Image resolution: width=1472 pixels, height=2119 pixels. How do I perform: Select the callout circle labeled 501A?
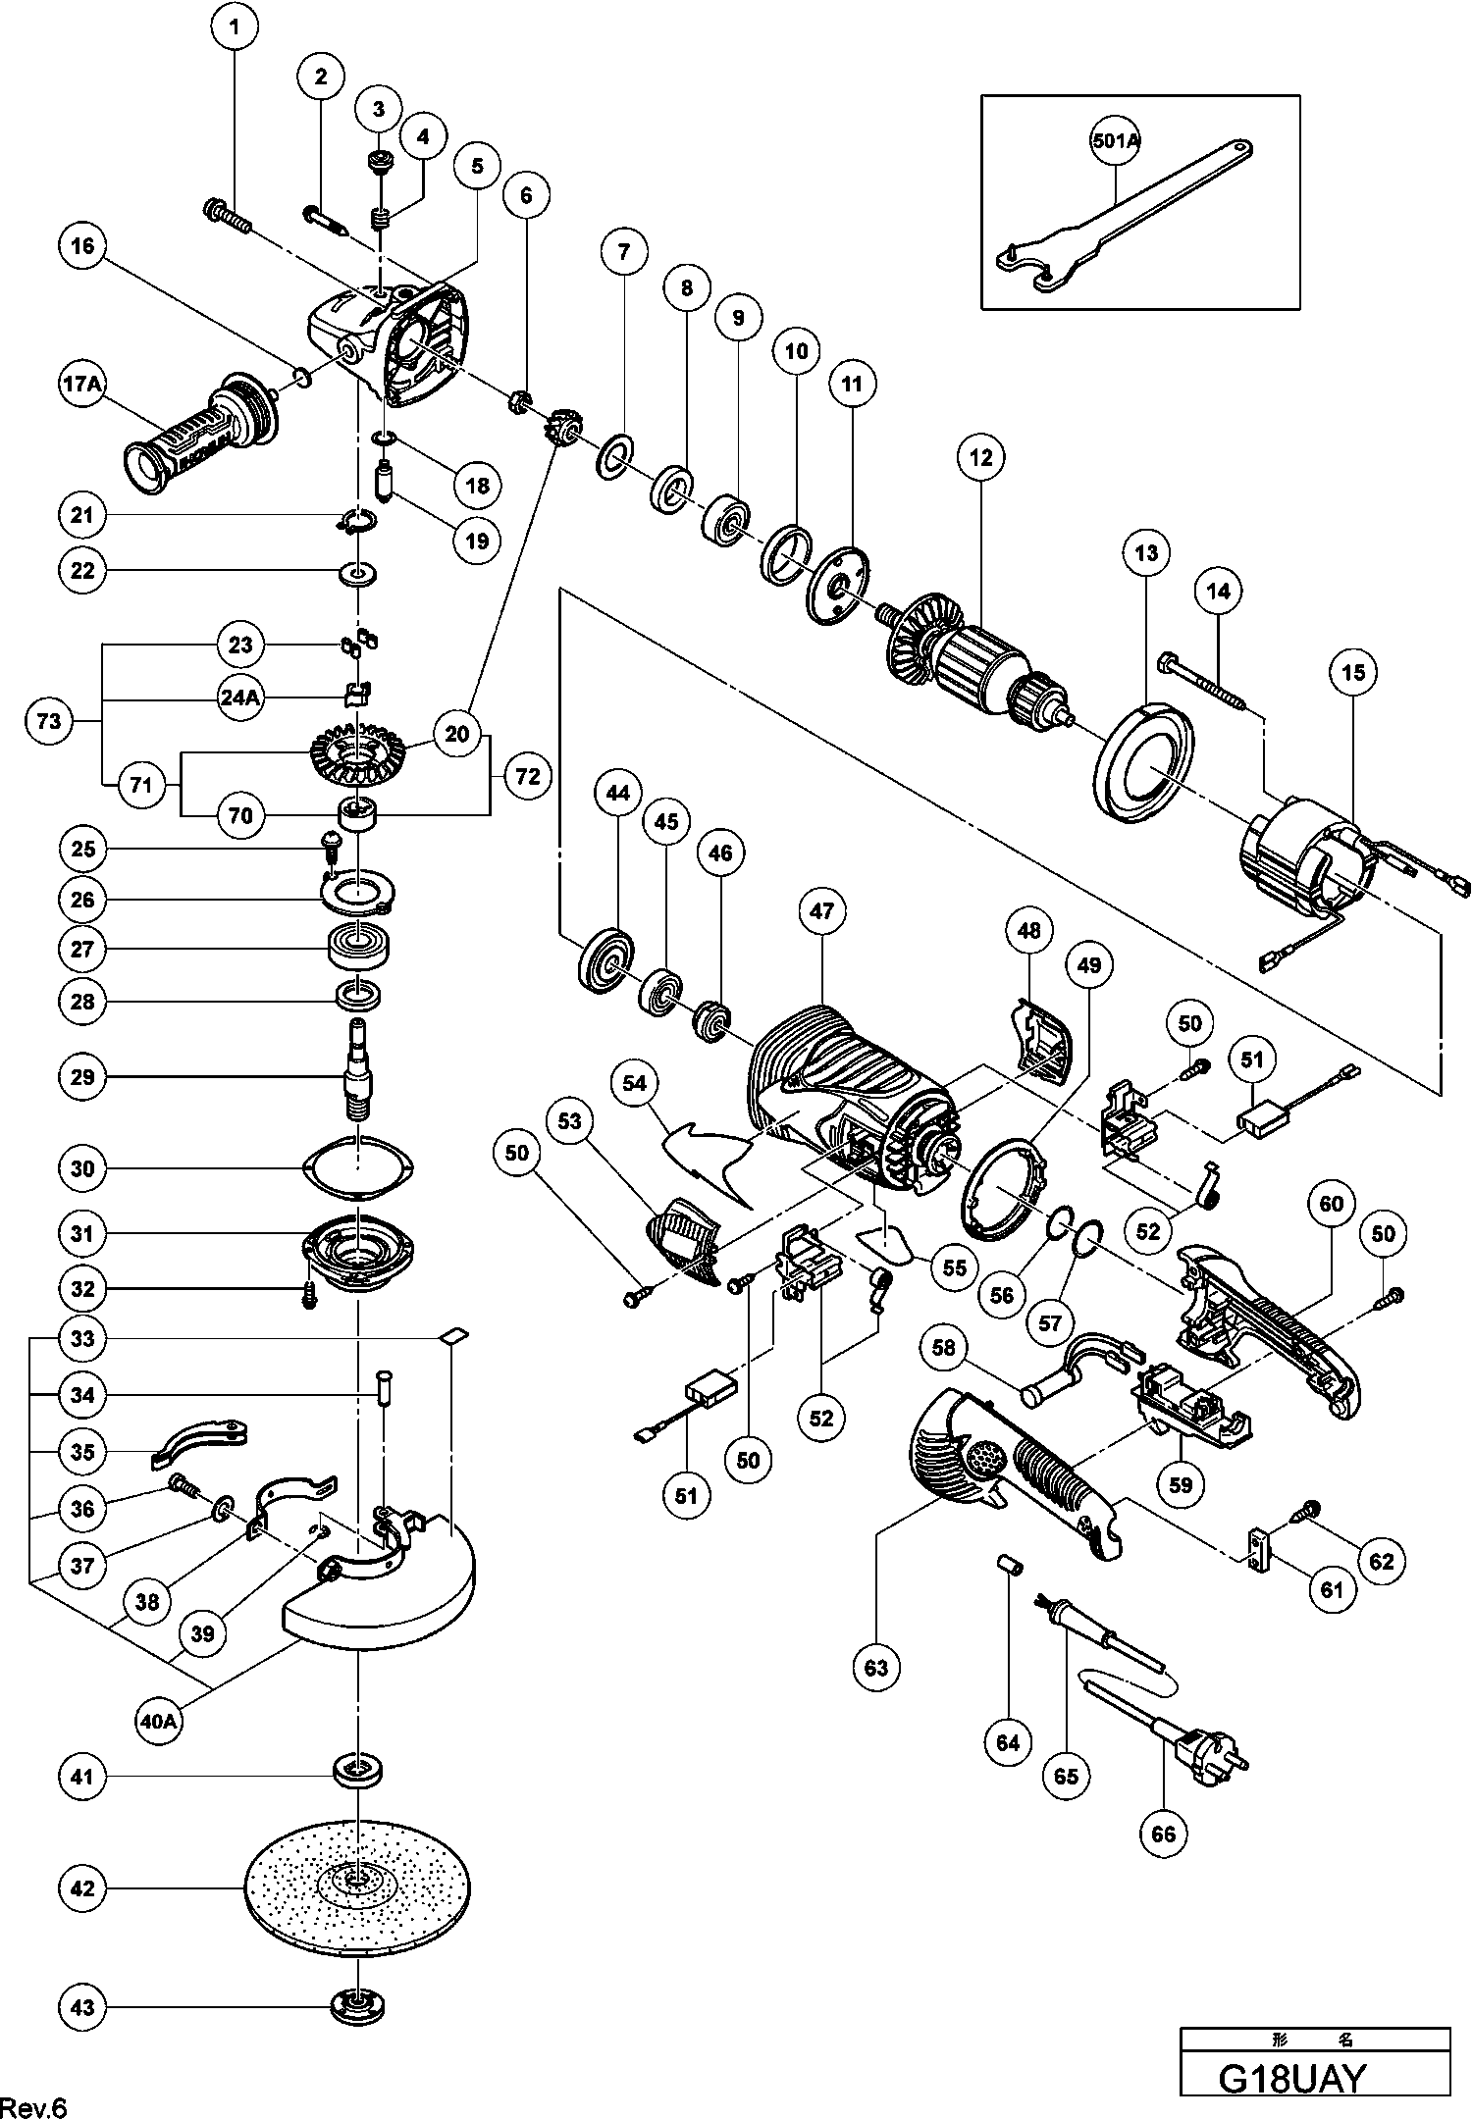[x=1116, y=140]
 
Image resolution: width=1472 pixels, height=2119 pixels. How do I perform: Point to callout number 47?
[x=821, y=911]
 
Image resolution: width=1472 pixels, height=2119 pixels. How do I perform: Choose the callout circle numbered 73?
[x=48, y=722]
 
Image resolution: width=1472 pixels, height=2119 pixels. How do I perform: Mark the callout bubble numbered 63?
[x=876, y=1667]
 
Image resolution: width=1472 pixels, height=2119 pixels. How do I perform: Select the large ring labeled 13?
[x=1142, y=760]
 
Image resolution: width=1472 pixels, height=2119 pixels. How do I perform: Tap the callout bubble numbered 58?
[x=943, y=1348]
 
